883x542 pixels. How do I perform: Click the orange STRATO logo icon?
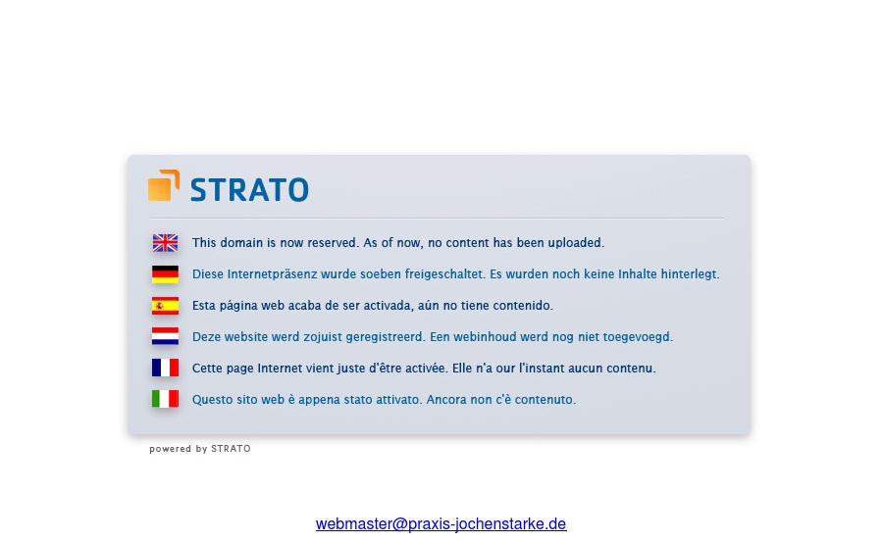(x=164, y=185)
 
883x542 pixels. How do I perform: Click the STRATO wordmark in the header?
(x=249, y=189)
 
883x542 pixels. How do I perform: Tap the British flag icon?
(x=165, y=243)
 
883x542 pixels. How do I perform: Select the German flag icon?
(x=165, y=274)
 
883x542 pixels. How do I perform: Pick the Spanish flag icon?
(x=165, y=306)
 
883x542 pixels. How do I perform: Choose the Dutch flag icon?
(x=165, y=337)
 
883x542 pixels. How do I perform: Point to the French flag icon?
(x=165, y=369)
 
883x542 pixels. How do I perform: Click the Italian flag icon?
(x=165, y=400)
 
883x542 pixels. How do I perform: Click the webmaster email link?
(x=441, y=524)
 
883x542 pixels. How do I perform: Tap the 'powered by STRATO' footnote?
(x=200, y=449)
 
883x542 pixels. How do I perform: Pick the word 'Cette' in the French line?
(x=207, y=369)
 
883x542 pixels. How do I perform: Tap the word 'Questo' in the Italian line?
(x=213, y=400)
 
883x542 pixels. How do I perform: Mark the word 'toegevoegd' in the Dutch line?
(x=641, y=337)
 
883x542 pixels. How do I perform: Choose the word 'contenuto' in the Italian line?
(x=547, y=400)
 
